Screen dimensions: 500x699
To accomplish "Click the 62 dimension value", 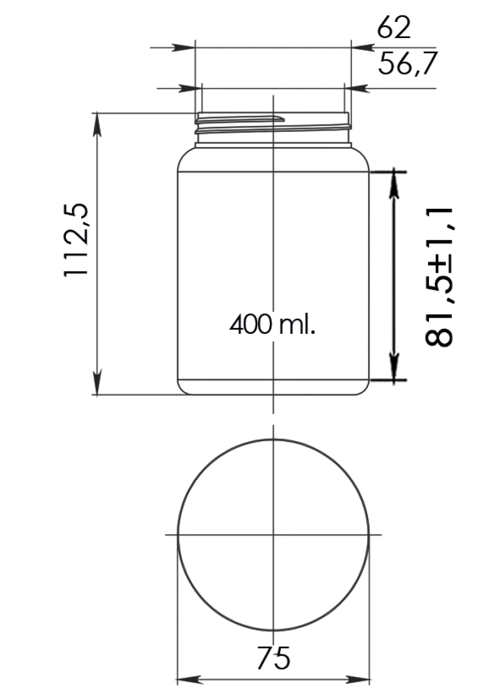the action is pos(393,28).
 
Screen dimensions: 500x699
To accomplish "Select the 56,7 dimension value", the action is pos(406,63).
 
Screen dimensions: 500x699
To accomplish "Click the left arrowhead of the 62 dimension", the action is pos(183,48).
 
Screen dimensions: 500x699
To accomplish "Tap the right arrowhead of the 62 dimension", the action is pos(362,48).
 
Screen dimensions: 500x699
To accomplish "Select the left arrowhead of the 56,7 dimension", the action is pos(190,88).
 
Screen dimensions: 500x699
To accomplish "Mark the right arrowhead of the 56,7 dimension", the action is pos(356,88).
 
